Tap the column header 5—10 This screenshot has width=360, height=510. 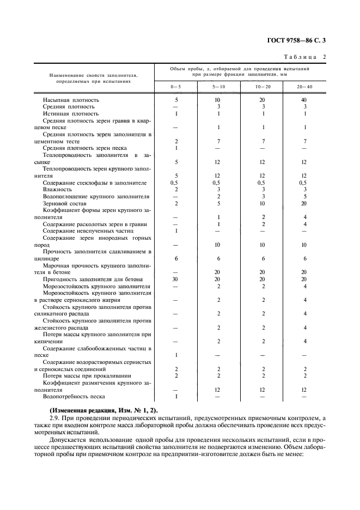tap(218, 87)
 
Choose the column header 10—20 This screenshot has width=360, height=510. tap(263, 87)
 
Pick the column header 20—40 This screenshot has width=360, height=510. tap(304, 87)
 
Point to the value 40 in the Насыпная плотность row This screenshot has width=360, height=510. tap(304, 100)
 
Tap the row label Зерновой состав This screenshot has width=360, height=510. tap(65, 203)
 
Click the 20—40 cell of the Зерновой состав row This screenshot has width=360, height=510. tap(304, 203)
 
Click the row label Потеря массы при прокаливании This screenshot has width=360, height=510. tap(86, 375)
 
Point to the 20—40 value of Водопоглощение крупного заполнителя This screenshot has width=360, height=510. tap(304, 196)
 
